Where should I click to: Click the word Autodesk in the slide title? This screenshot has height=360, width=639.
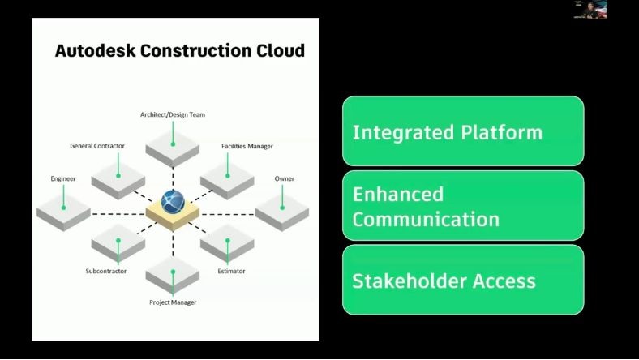[x=95, y=51]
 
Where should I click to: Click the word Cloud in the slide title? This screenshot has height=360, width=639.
[x=278, y=51]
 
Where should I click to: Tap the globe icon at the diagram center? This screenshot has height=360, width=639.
[x=173, y=201]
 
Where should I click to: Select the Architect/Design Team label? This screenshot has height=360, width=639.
[x=173, y=115]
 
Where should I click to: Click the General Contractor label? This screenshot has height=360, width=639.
[x=97, y=146]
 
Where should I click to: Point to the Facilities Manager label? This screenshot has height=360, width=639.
[x=247, y=146]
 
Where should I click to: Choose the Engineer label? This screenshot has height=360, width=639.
[x=63, y=178]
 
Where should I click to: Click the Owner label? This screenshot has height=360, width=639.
[x=284, y=178]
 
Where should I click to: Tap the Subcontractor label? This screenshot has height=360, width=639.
[x=105, y=271]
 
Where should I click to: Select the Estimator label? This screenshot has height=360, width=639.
[x=231, y=271]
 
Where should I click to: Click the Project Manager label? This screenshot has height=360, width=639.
[x=173, y=302]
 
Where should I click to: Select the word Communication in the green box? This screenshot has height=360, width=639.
[x=426, y=220]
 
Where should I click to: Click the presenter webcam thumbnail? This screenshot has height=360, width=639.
[x=590, y=10]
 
